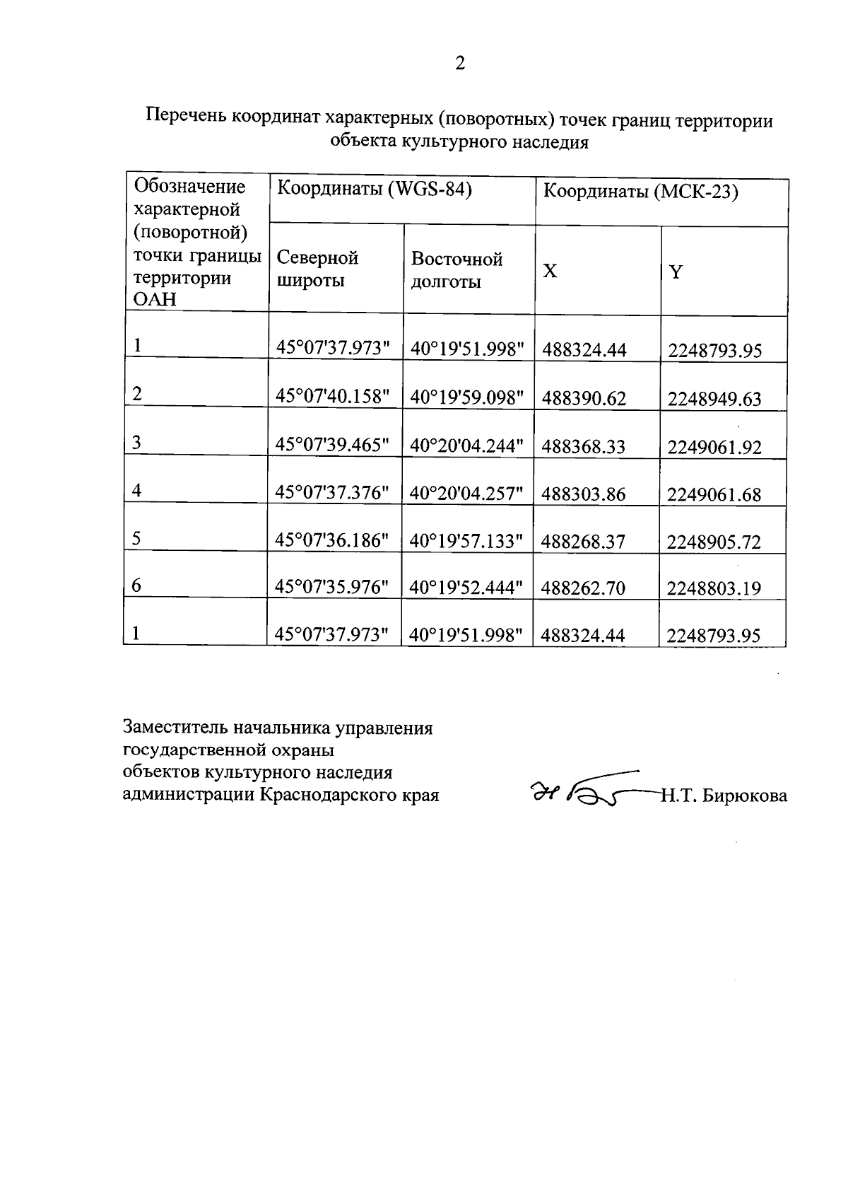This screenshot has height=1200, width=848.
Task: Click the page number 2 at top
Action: pos(459,64)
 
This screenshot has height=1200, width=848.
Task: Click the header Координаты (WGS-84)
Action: pos(374,190)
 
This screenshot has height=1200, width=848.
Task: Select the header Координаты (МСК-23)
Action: pos(640,192)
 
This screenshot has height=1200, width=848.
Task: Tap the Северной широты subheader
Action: pos(317,269)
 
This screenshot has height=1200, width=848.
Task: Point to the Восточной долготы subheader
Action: pos(457,270)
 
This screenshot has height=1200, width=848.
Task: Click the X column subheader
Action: pos(550,272)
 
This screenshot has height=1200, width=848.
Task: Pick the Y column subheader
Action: pos(676,272)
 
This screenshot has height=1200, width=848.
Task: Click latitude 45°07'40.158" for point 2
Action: pos(333,397)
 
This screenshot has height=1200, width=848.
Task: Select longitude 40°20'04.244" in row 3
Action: pos(466,445)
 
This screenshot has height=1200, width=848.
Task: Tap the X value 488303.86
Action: pos(584,494)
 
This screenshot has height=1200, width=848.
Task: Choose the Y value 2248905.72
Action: pos(714,542)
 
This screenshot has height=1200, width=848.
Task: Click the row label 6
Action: pos(136,586)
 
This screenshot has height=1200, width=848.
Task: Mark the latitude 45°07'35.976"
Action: pos(332,588)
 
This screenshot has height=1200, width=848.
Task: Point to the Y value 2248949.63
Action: pos(714,399)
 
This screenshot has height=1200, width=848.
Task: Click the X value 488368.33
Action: pos(584,446)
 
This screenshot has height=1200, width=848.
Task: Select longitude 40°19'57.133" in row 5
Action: pos(466,542)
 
